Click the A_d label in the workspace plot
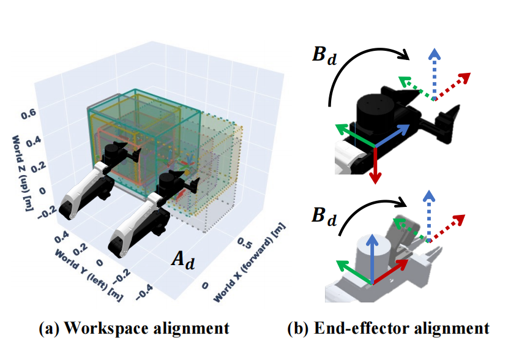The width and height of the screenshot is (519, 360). pyautogui.click(x=183, y=259)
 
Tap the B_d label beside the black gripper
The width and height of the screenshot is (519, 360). pyautogui.click(x=324, y=55)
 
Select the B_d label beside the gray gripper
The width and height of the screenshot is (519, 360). pyautogui.click(x=324, y=217)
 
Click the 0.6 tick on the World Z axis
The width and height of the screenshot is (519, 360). pyautogui.click(x=28, y=114)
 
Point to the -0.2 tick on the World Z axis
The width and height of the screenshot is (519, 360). pyautogui.click(x=46, y=212)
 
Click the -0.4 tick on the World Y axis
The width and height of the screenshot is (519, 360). pyautogui.click(x=144, y=292)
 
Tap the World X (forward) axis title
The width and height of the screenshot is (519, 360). pyautogui.click(x=249, y=262)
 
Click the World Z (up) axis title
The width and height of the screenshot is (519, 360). pyautogui.click(x=21, y=173)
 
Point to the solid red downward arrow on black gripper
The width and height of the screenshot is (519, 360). pyautogui.click(x=375, y=165)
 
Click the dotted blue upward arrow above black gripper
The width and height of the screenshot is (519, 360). pyautogui.click(x=435, y=73)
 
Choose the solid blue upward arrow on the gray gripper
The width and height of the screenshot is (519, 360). pyautogui.click(x=373, y=258)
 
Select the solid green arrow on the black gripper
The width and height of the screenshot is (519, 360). pyautogui.click(x=354, y=135)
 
